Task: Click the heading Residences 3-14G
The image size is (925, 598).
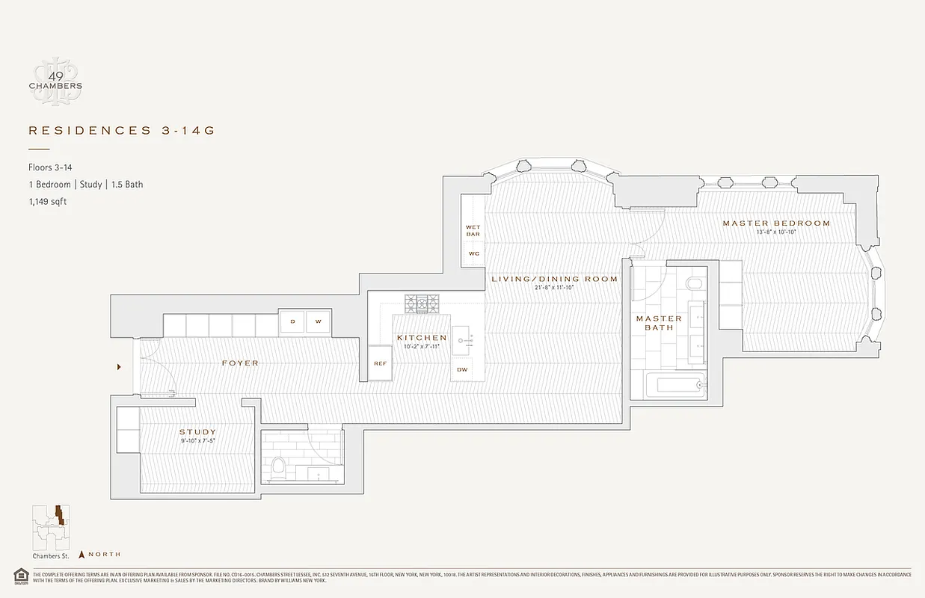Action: coord(121,131)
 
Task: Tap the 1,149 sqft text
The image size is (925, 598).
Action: coord(47,201)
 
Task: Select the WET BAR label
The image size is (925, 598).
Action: coord(473,230)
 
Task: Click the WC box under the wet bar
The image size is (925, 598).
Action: coord(473,253)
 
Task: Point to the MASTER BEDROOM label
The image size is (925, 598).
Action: coord(775,224)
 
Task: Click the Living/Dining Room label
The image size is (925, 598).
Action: coord(554,279)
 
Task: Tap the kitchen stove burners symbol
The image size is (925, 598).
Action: coord(422,303)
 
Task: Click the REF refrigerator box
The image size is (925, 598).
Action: coord(380,363)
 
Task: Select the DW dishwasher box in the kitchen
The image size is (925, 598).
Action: coord(462,369)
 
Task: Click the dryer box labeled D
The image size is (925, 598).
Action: coord(292,322)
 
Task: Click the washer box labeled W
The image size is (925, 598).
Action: coord(318,322)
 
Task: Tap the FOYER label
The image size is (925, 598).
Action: coord(240,363)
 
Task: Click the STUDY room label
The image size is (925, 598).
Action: coord(197,432)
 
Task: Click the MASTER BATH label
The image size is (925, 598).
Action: coord(659,323)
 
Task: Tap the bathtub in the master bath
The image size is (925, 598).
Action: coord(667,386)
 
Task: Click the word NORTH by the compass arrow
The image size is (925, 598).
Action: coord(105,554)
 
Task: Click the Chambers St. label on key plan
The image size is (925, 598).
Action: coord(50,555)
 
